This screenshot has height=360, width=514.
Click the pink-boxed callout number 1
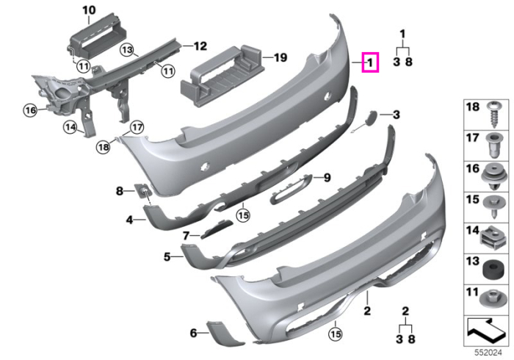point(370,62)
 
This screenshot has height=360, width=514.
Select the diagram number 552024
point(488,353)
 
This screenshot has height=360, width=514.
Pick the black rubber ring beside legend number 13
point(492,269)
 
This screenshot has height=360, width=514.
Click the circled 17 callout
point(137,127)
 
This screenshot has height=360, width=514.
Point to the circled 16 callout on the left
point(31,110)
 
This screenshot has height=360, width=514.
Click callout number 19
point(280,58)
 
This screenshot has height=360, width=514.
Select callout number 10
point(89,10)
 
